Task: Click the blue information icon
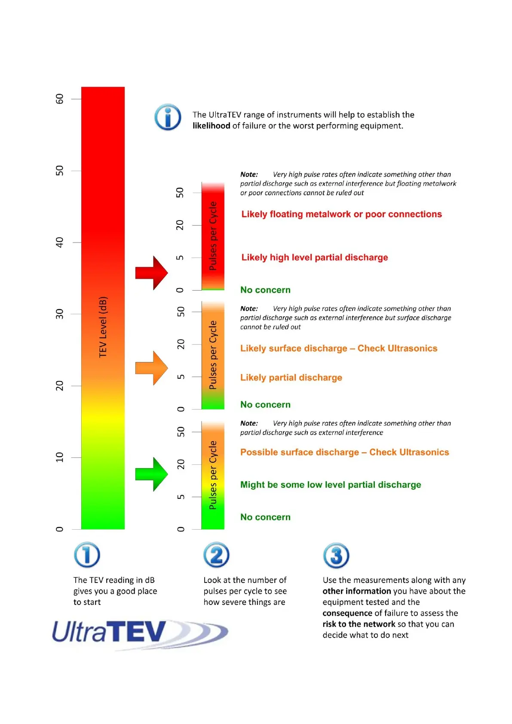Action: (168, 117)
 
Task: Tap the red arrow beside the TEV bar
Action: (151, 273)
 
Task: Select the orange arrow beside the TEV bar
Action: (151, 368)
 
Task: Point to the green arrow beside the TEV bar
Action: (151, 474)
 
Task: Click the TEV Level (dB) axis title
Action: (103, 327)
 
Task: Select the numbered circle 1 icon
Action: (87, 555)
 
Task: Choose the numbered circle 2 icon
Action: (216, 555)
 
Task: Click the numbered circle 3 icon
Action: (336, 555)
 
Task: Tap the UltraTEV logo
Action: (140, 633)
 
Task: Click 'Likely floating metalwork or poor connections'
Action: (341, 214)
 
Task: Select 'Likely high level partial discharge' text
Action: (314, 258)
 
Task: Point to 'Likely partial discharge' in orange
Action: (291, 377)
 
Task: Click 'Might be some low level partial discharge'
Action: (331, 485)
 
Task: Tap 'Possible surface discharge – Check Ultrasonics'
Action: (344, 452)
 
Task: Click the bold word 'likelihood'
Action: (211, 126)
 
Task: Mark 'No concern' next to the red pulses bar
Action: (265, 290)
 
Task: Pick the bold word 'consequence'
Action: (347, 613)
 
